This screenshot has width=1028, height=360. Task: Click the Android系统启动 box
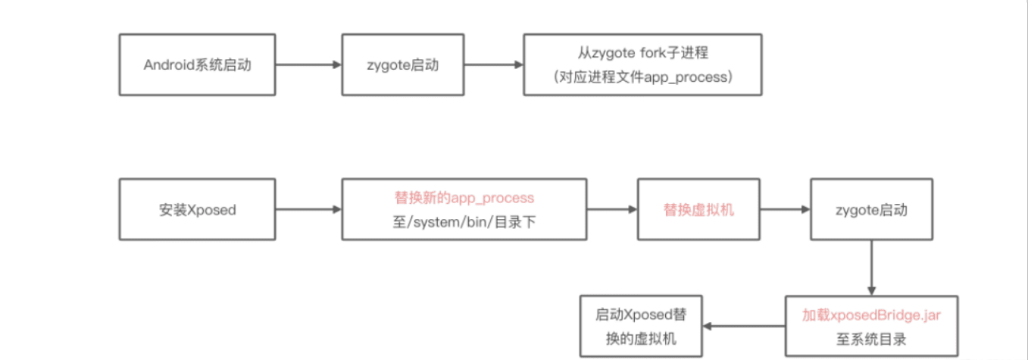[197, 64]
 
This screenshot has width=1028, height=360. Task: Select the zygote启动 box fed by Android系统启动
[402, 64]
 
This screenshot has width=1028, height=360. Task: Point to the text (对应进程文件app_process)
[642, 76]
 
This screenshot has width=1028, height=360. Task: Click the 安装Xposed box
[197, 210]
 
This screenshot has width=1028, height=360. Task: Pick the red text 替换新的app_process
[464, 199]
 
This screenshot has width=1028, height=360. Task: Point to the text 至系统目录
[871, 338]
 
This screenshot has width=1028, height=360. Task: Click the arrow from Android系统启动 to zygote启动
[308, 64]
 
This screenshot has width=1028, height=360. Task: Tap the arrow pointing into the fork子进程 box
[492, 64]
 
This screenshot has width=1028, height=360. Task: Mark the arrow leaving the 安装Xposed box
[308, 210]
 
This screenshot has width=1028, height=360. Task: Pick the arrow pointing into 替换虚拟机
[611, 210]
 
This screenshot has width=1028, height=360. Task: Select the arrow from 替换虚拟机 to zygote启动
[786, 210]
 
